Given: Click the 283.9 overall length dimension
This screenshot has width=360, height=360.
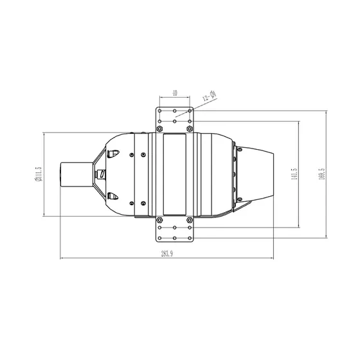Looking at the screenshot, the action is pos(167,254).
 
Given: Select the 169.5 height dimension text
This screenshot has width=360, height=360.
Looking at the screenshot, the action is pos(322,174).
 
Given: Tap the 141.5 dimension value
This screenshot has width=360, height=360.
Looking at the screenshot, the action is pos(294,174).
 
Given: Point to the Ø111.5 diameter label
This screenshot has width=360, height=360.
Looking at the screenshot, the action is pos(39,174).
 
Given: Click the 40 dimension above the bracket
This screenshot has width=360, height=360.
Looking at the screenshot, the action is pos(175,93).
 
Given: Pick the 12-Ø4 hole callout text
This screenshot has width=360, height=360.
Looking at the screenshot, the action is pos(210,96).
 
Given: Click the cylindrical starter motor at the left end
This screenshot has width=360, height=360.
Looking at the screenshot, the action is pos(76,174).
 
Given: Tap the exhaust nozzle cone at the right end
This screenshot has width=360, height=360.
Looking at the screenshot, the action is pos(255,174).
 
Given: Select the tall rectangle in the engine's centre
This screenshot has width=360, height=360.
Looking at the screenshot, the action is pos(174,174).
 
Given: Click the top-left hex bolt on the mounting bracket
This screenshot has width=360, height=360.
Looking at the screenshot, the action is pos(159,129).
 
